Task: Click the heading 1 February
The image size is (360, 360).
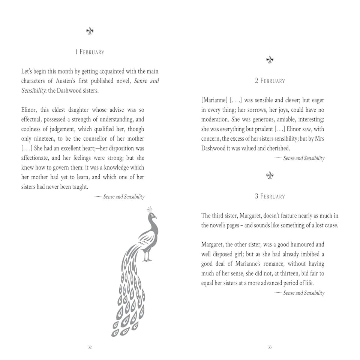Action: (x=90, y=52)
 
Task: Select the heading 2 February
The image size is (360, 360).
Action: (x=270, y=81)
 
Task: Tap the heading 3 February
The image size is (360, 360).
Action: (x=270, y=196)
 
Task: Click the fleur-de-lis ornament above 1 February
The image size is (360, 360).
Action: (x=90, y=31)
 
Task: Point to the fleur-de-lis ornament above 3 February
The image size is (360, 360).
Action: (x=270, y=175)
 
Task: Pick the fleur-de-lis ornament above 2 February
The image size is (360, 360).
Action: (x=270, y=60)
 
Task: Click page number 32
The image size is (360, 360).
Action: (x=90, y=347)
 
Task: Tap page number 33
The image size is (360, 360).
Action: (x=270, y=347)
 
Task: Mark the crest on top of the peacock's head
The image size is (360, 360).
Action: (x=150, y=209)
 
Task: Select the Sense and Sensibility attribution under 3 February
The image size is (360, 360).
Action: (x=303, y=293)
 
